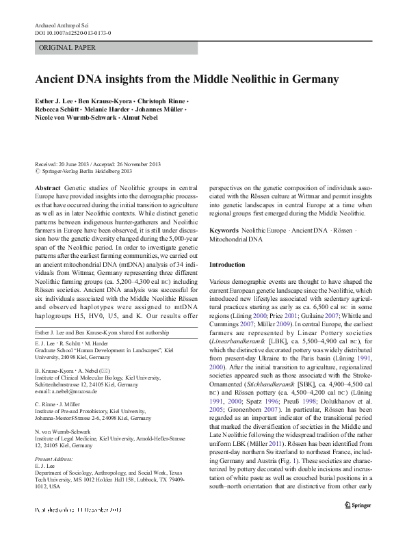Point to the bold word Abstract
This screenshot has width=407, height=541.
point(47,187)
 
